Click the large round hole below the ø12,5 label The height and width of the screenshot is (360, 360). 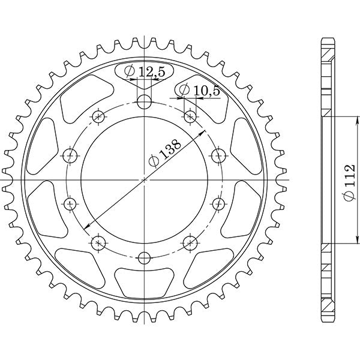pyautogui.click(x=144, y=101)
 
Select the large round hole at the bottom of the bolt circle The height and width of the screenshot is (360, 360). pyautogui.click(x=144, y=258)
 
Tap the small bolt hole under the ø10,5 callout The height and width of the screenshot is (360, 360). pyautogui.click(x=190, y=116)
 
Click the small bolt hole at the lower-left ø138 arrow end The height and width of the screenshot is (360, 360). pyautogui.click(x=98, y=243)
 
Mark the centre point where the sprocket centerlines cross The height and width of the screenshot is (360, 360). pyautogui.click(x=144, y=179)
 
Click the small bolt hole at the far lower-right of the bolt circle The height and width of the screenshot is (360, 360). pyautogui.click(x=190, y=243)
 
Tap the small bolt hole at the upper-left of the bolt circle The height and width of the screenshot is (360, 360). pyautogui.click(x=98, y=116)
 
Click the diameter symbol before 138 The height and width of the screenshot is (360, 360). pyautogui.click(x=154, y=161)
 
